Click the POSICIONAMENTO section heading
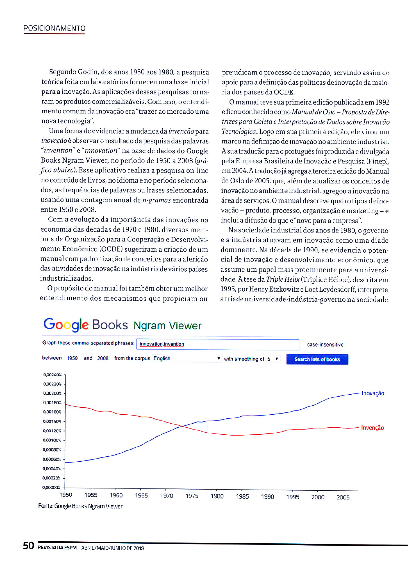(x=54, y=28)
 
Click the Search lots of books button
(x=317, y=359)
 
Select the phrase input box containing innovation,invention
(x=217, y=344)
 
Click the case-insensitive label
(x=325, y=345)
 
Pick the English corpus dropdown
(x=187, y=359)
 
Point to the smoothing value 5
(x=269, y=359)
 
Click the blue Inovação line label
(x=373, y=393)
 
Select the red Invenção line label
(x=372, y=427)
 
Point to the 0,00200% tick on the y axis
(x=52, y=393)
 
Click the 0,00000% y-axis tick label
(x=51, y=488)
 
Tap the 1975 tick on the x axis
(x=192, y=496)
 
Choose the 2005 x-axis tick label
(x=343, y=497)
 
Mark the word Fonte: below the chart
(x=46, y=506)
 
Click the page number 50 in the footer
(x=29, y=546)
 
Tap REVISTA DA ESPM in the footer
(x=57, y=548)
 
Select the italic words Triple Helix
(x=282, y=279)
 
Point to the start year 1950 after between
(x=72, y=358)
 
